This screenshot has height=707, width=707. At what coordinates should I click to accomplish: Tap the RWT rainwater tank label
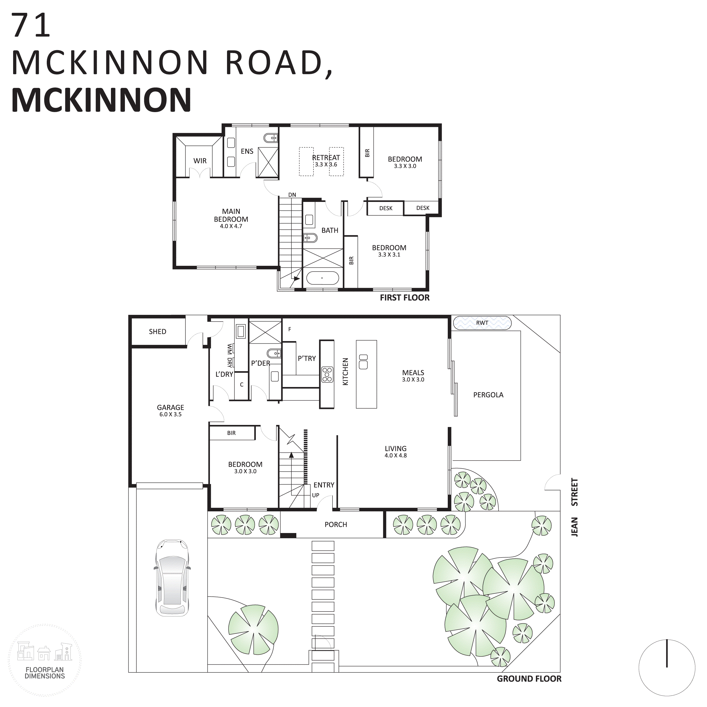tap(482, 323)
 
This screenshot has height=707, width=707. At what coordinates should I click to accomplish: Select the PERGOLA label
tap(488, 395)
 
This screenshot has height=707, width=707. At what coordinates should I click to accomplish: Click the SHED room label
tap(157, 332)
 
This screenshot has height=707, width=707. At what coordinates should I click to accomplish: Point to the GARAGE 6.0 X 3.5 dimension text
tap(170, 414)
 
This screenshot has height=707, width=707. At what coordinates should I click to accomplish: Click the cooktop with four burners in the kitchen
tap(327, 375)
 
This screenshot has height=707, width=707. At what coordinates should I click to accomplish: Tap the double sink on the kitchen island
tap(363, 362)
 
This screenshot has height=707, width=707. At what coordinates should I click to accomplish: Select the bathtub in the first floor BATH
tap(322, 278)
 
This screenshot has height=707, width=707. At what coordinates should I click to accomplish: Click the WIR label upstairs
tap(200, 161)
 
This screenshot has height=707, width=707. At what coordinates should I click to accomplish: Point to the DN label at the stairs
tap(292, 195)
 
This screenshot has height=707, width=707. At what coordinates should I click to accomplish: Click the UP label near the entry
tap(315, 495)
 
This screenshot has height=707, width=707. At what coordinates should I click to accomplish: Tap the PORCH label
tap(336, 524)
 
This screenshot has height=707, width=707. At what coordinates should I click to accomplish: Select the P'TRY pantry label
tap(307, 358)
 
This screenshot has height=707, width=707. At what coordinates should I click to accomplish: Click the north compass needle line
tap(667, 653)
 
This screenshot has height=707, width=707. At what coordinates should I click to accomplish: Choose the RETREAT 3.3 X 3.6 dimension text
tap(326, 165)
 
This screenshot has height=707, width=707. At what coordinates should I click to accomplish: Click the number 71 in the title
tap(31, 25)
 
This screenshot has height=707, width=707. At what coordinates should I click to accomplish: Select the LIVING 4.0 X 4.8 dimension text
tap(395, 455)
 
